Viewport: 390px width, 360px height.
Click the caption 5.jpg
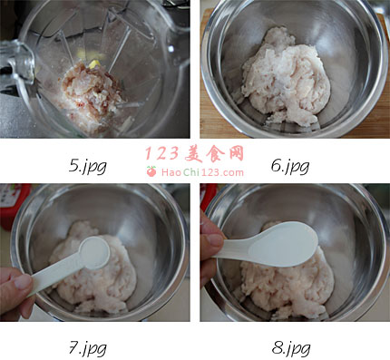click(88, 167)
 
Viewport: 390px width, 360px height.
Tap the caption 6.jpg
click(290, 167)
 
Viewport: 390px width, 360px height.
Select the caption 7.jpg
click(88, 348)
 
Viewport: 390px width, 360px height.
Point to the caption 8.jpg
click(291, 348)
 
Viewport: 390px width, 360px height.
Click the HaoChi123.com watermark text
click(202, 172)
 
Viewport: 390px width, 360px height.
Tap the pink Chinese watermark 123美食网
click(194, 154)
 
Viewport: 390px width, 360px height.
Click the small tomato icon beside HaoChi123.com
click(151, 171)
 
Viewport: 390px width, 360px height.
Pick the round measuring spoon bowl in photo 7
click(94, 253)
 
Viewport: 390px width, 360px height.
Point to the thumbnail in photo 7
click(23, 282)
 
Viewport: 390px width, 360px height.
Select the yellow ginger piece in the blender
click(93, 64)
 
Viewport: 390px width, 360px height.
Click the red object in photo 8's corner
click(208, 197)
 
